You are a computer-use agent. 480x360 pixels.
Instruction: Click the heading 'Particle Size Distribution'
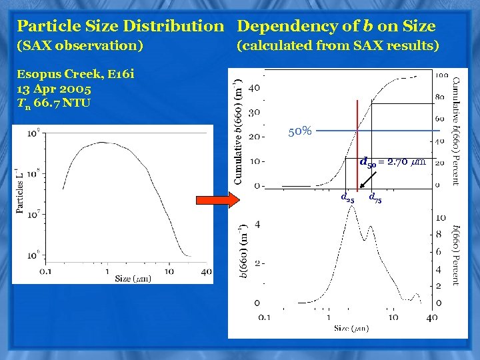point(120,27)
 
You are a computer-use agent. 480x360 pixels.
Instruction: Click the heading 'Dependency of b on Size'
point(336,27)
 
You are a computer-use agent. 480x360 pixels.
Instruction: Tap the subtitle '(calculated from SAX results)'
point(338,46)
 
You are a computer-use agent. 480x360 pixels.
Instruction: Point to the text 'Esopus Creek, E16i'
point(76,75)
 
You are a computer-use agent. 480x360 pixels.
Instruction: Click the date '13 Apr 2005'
point(55,89)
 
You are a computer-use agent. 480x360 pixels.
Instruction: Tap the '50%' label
point(300,131)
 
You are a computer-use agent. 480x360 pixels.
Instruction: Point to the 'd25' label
point(347,197)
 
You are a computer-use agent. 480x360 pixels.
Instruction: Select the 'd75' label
point(375,197)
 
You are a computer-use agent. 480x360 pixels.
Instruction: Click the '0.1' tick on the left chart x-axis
point(45,271)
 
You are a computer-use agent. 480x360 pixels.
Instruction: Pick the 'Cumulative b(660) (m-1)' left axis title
point(237,131)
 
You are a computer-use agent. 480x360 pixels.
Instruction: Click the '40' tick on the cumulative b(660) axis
point(254,87)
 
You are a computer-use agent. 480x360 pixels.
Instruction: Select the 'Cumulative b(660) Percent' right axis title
point(456,131)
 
